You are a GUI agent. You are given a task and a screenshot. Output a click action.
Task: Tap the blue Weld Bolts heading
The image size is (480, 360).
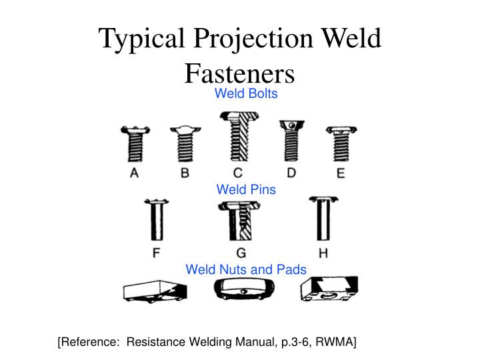coord(245,93)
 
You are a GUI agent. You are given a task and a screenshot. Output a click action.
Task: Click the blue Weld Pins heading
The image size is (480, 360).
coord(245,189)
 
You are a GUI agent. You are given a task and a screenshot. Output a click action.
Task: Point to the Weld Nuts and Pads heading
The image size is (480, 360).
coord(245,269)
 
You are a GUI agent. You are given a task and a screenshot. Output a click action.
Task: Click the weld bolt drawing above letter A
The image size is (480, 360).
coord(134,143)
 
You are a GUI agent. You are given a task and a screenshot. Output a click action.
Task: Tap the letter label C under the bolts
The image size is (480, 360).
coord(238,173)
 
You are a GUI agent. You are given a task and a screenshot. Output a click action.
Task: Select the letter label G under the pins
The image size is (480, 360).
coord(241,253)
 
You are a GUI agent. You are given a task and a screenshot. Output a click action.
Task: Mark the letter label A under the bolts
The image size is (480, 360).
coord(134,173)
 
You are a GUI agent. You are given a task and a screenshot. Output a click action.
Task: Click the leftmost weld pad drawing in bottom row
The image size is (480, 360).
coord(154,291)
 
